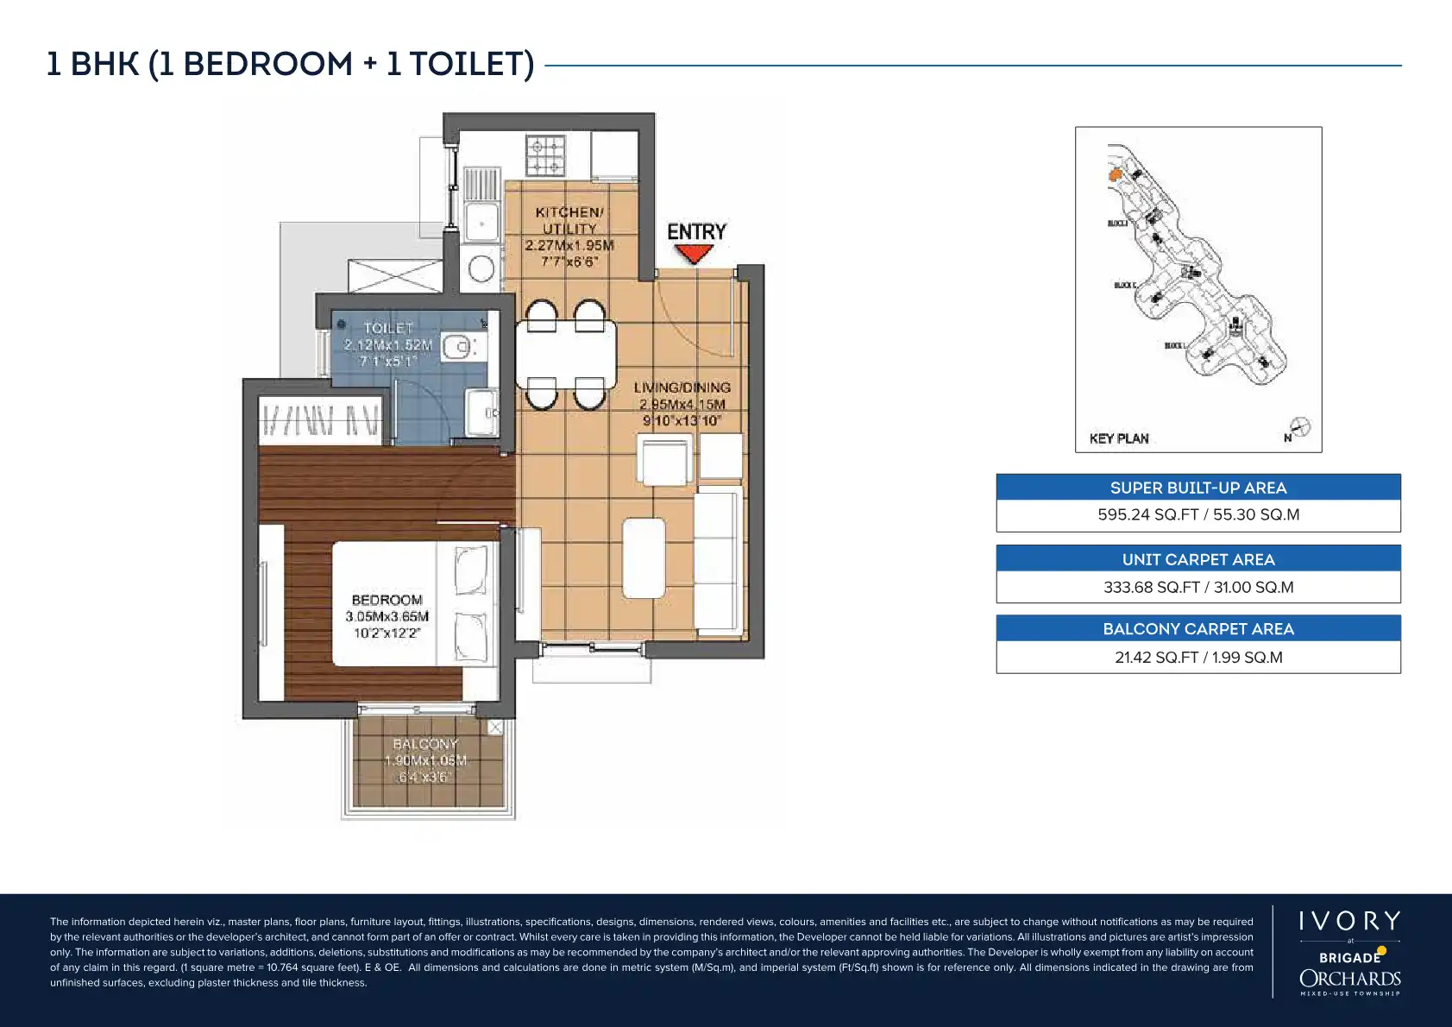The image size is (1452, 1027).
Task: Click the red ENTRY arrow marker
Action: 694,254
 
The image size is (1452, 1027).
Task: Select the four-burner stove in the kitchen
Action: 546,156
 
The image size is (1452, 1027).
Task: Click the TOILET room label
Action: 388,328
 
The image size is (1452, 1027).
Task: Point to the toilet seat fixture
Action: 458,348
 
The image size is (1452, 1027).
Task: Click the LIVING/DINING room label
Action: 682,387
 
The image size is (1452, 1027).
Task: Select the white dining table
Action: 566,354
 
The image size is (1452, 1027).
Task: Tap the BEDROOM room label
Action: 387,600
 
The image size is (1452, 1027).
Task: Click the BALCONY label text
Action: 425,744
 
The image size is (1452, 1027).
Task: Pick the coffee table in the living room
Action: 644,558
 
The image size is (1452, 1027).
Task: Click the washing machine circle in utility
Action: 481,268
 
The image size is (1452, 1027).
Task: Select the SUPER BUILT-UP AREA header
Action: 1197,488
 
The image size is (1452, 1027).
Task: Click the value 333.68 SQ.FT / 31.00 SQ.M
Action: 1197,587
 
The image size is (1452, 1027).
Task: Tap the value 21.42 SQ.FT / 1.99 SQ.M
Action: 1197,658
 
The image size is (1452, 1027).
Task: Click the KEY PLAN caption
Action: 1119,438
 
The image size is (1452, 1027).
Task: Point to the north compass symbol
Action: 1299,427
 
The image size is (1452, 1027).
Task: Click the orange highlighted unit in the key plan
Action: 1115,175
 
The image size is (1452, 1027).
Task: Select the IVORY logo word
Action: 1349,921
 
